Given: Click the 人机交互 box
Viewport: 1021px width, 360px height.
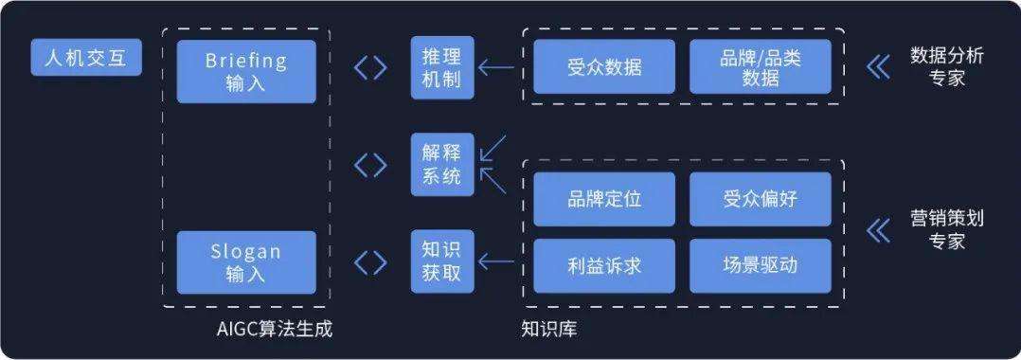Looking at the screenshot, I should pos(86,59).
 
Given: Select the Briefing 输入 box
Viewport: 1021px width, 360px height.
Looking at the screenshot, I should pos(246,71).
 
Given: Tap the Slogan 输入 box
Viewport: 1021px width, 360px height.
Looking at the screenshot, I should pos(246,262).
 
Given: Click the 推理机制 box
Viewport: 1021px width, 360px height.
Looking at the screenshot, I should pos(441,67).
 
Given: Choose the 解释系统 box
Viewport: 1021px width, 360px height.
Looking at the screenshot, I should pos(441,165).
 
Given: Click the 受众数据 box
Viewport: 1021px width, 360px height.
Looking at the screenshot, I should pos(603,67).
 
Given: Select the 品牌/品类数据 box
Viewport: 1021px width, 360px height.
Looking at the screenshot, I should pos(760,67).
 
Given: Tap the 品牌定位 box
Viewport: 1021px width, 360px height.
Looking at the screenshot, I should pos(603,199).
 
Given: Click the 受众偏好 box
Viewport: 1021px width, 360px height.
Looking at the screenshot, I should pos(760,199).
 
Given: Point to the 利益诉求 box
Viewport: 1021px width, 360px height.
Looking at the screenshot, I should pos(603,265).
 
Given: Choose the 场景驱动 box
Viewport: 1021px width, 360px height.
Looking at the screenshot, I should pos(760,265).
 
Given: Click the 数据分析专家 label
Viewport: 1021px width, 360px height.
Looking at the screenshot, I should pos(946,67).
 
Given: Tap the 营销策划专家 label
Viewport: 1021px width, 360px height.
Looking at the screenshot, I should pos(946,229).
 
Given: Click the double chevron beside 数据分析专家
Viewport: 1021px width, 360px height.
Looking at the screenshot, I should pos(878,67).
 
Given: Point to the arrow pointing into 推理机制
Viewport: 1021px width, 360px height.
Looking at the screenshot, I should pos(495,67).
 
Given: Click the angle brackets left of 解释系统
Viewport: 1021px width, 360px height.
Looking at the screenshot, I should pos(370,165).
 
